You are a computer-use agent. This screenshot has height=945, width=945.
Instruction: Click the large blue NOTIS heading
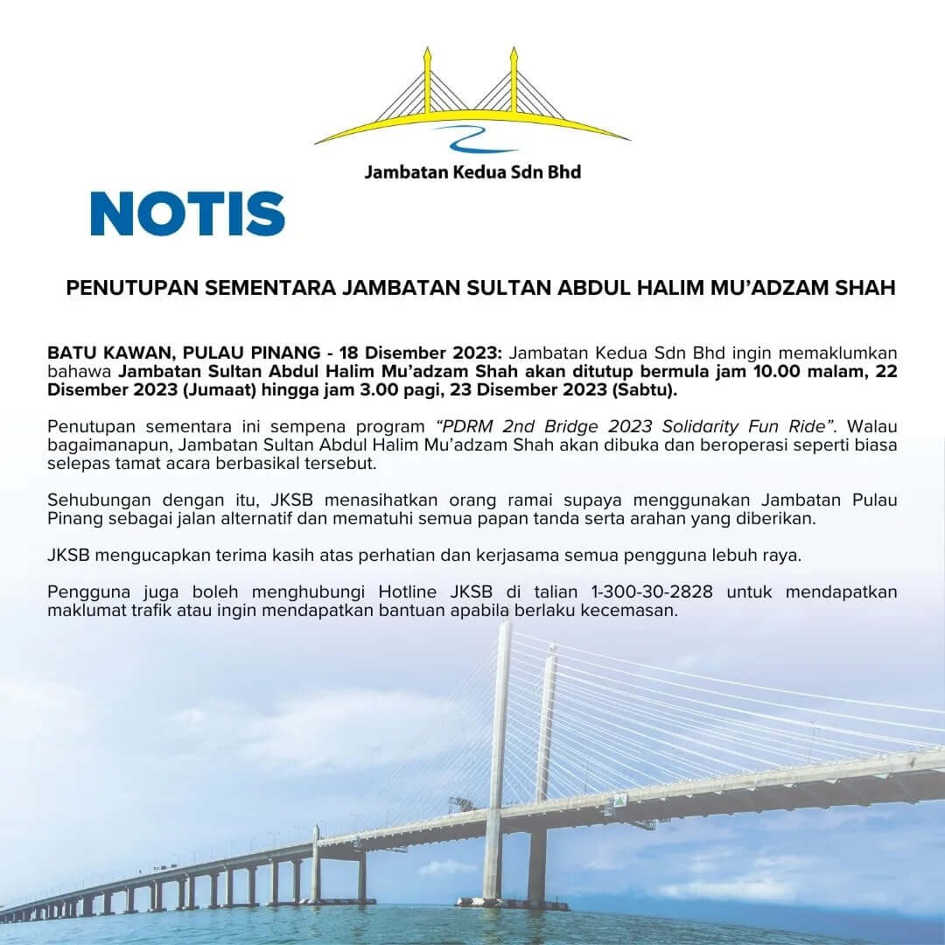coord(187,214)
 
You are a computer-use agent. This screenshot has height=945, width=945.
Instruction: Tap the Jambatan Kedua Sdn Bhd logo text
coord(472,171)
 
